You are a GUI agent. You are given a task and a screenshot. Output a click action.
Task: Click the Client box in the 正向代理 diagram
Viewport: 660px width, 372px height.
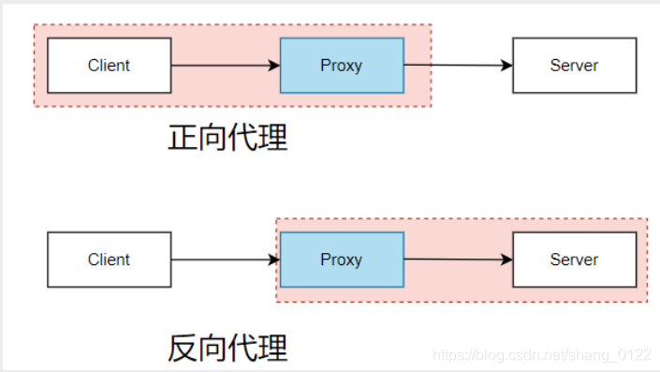(x=109, y=66)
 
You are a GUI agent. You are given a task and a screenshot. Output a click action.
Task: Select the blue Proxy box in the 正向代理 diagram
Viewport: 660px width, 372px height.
(x=342, y=66)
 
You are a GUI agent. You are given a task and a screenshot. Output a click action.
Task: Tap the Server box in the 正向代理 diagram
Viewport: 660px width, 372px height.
(x=574, y=66)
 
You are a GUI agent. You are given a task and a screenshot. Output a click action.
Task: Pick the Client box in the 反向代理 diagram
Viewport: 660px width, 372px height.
(x=109, y=260)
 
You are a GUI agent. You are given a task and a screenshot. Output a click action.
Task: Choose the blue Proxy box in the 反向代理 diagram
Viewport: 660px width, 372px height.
(x=342, y=260)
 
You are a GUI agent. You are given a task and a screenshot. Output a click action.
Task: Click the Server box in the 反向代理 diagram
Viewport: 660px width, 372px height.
(x=574, y=260)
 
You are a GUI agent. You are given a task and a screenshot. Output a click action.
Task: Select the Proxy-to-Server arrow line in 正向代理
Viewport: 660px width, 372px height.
(x=454, y=66)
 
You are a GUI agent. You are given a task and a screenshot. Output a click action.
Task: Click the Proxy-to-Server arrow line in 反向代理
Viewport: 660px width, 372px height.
(x=454, y=260)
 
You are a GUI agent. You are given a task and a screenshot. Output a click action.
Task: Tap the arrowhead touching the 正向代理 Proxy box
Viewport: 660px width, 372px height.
(x=274, y=66)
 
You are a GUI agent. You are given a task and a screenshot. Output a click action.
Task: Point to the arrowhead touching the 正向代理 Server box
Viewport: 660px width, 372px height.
(x=507, y=66)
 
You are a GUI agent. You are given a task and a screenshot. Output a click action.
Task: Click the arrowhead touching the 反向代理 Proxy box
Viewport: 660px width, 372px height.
(x=274, y=260)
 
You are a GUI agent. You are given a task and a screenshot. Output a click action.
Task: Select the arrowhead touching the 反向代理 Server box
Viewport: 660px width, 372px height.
(x=507, y=260)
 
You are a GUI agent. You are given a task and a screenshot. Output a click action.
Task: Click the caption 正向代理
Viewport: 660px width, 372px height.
(x=227, y=138)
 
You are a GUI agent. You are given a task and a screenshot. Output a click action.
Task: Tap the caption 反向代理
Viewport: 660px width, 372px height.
(x=227, y=348)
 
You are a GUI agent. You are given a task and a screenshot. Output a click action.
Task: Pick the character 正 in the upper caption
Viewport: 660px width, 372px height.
(x=183, y=138)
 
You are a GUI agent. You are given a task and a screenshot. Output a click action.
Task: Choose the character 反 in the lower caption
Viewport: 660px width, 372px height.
(x=183, y=348)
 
